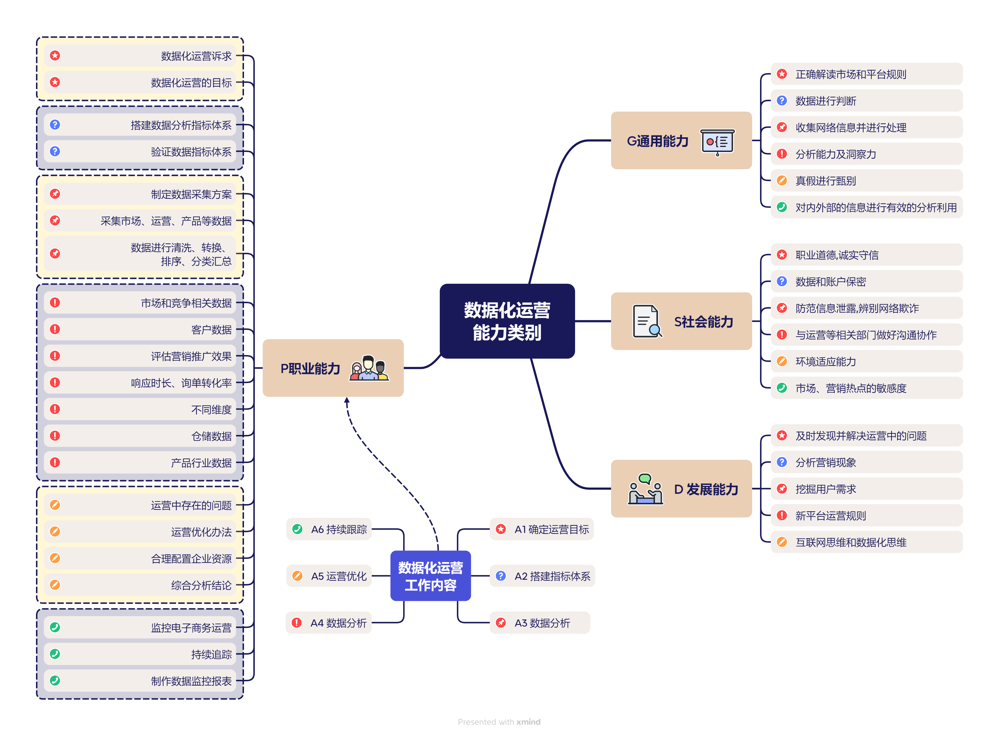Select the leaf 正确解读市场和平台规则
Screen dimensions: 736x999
(850, 74)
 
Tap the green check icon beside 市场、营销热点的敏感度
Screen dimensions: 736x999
(782, 388)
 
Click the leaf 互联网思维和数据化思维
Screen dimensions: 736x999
(850, 542)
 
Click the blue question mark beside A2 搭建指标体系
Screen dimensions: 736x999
(501, 576)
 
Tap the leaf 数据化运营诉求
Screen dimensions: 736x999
(196, 56)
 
